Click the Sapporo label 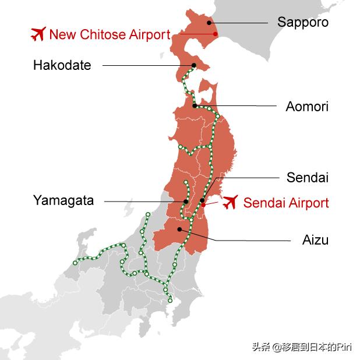tap(303, 23)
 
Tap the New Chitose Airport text tap(110, 34)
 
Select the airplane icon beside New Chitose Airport tap(38, 34)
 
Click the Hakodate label tap(62, 65)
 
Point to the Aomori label tap(307, 107)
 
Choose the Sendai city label tap(308, 178)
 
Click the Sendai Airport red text tap(286, 203)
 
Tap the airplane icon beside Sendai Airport tap(231, 202)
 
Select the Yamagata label tap(63, 201)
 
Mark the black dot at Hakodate tap(193, 65)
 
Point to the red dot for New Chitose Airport tap(216, 34)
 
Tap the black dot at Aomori tap(195, 105)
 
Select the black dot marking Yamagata tap(186, 202)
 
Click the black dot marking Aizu tap(180, 229)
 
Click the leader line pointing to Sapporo tap(239, 23)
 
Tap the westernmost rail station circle tap(75, 263)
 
